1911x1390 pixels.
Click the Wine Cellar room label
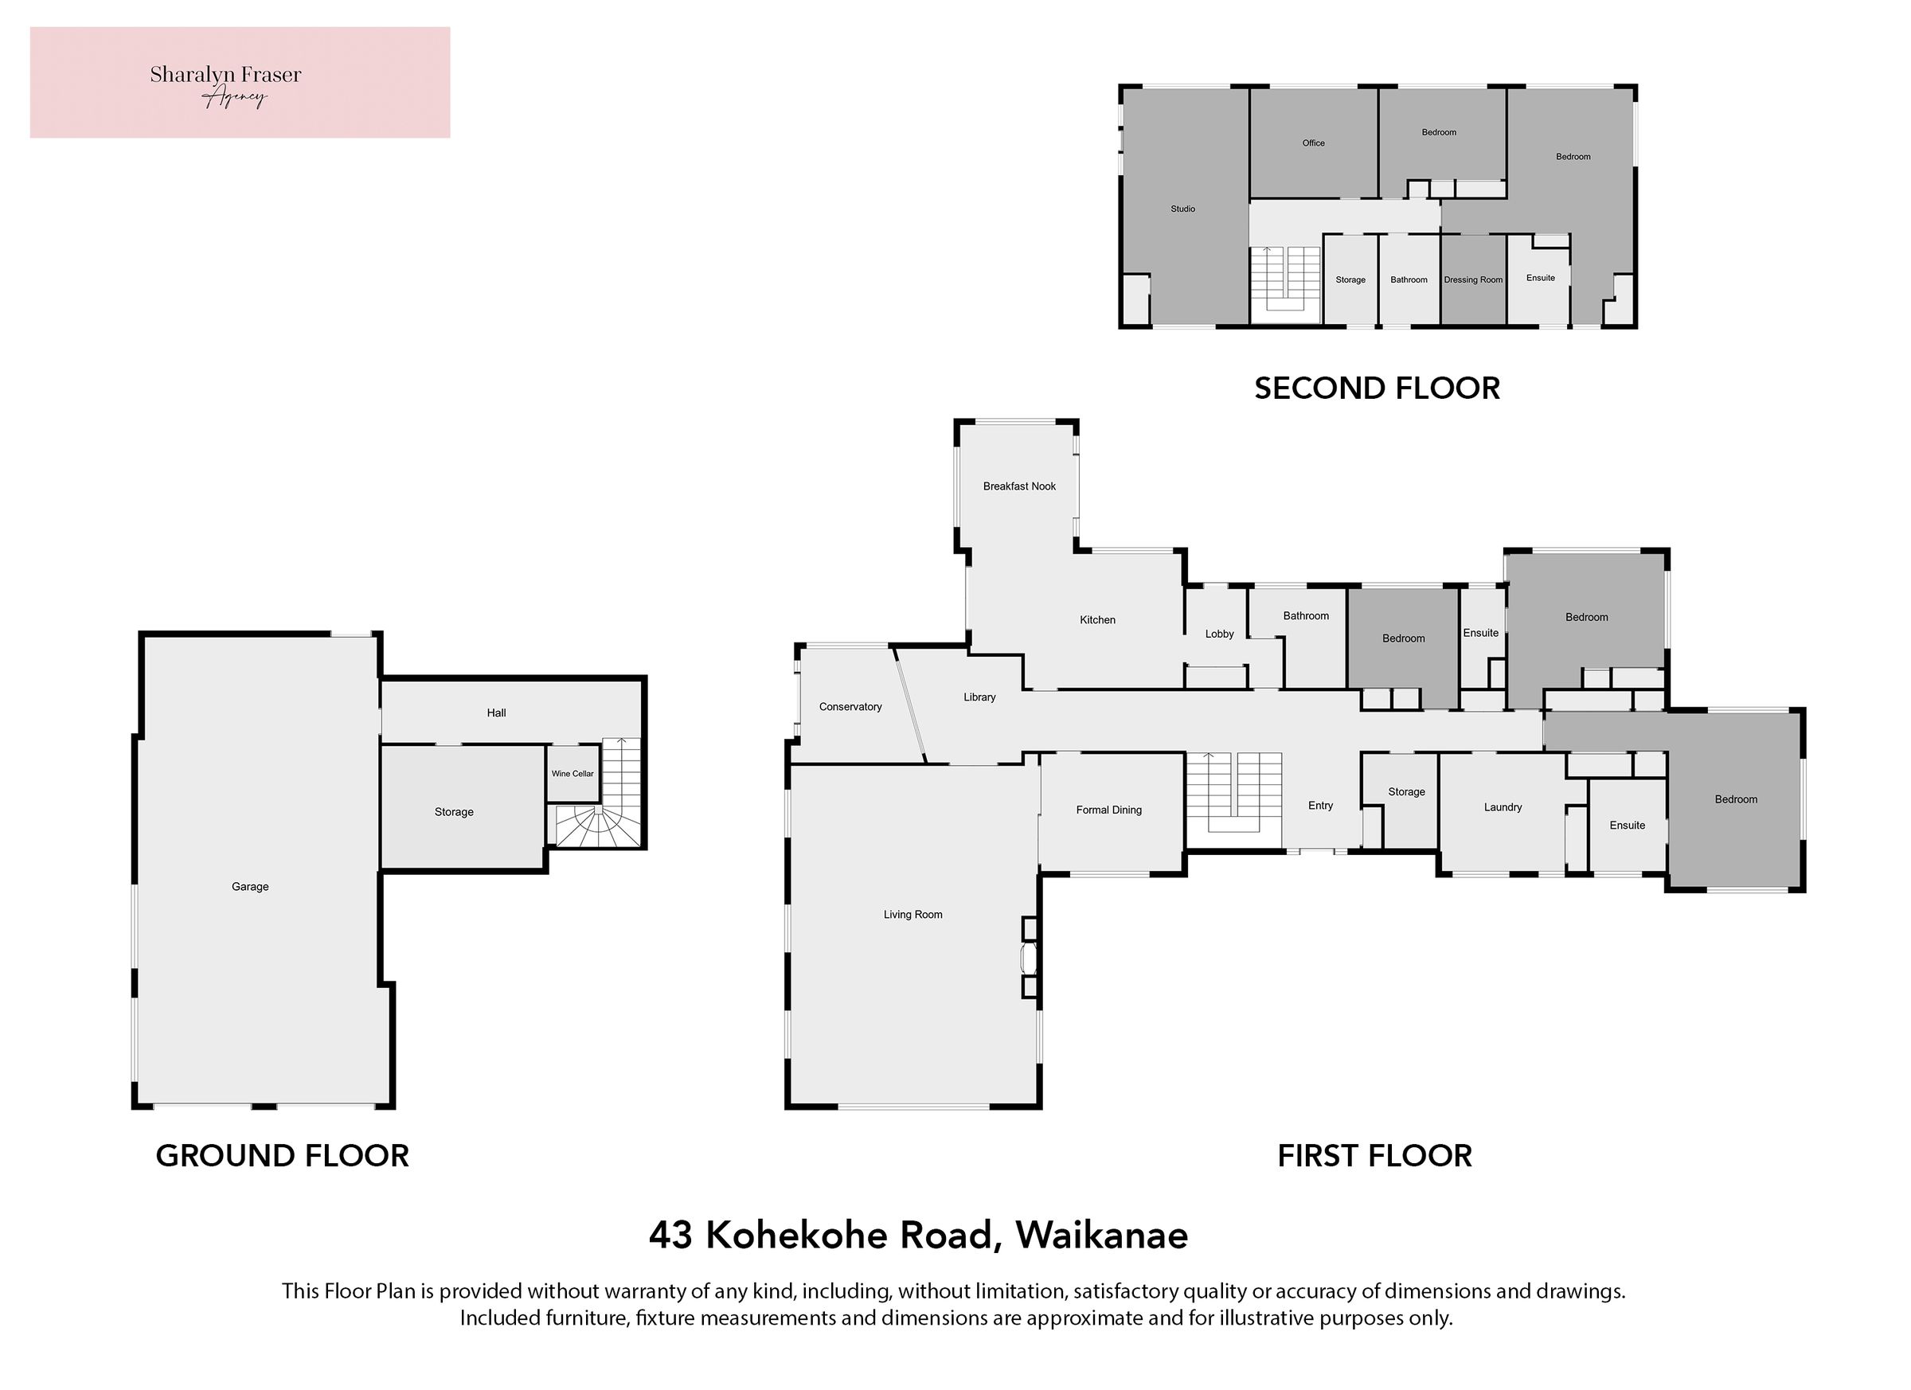573,773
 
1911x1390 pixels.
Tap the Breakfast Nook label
1018,486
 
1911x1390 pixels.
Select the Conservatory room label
850,707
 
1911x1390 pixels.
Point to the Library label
979,697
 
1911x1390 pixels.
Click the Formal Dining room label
1109,810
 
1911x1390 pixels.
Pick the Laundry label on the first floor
1503,807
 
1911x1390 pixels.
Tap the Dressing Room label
1473,279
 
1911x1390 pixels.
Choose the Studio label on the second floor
1182,209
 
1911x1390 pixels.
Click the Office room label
1313,143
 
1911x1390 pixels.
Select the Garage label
250,886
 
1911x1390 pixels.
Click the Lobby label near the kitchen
1219,634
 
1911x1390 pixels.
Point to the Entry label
1320,806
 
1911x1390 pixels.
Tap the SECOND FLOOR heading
1377,388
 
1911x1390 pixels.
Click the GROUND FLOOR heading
282,1156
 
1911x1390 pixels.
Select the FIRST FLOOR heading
1374,1156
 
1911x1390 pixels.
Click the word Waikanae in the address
1101,1236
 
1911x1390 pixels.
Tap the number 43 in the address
670,1236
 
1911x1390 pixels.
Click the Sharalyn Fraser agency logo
240,83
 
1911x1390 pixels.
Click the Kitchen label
1097,620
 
